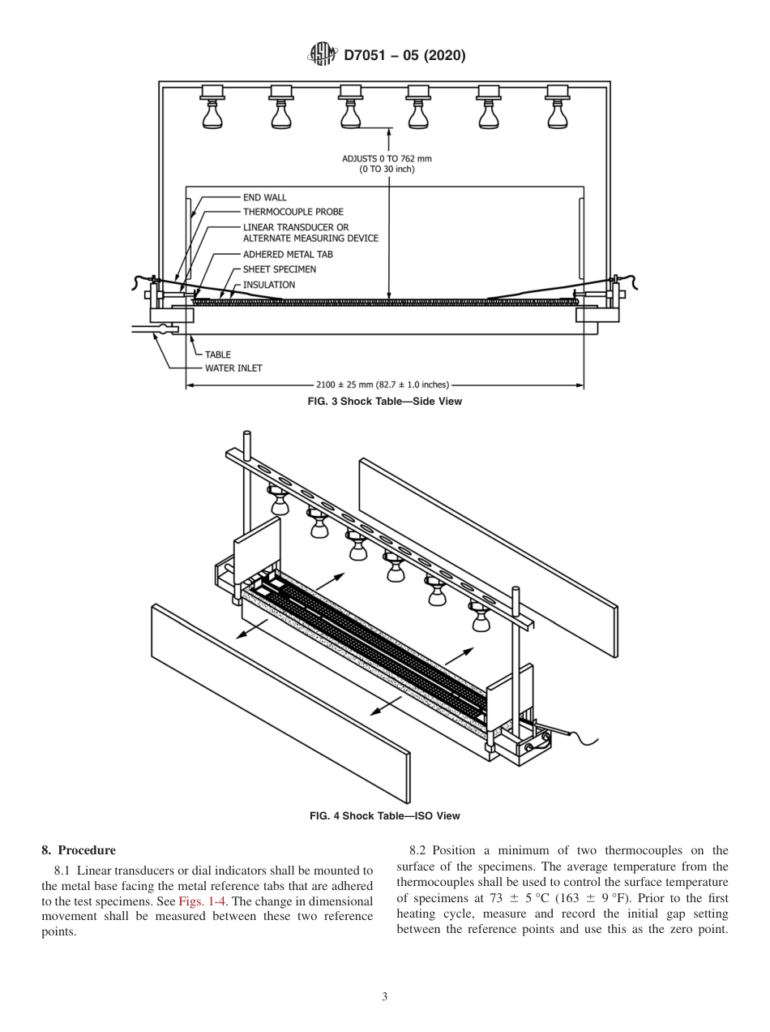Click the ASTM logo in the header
click(x=323, y=55)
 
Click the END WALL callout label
click(x=264, y=197)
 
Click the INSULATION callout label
click(x=269, y=285)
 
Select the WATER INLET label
click(x=233, y=368)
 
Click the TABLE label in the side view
click(x=217, y=355)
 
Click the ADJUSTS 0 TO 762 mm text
click(x=387, y=159)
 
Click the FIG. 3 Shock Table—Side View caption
click(x=385, y=402)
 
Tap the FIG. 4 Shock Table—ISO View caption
click(x=385, y=815)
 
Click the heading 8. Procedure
click(x=78, y=850)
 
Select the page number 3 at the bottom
click(x=385, y=997)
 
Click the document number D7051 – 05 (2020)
click(x=404, y=56)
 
